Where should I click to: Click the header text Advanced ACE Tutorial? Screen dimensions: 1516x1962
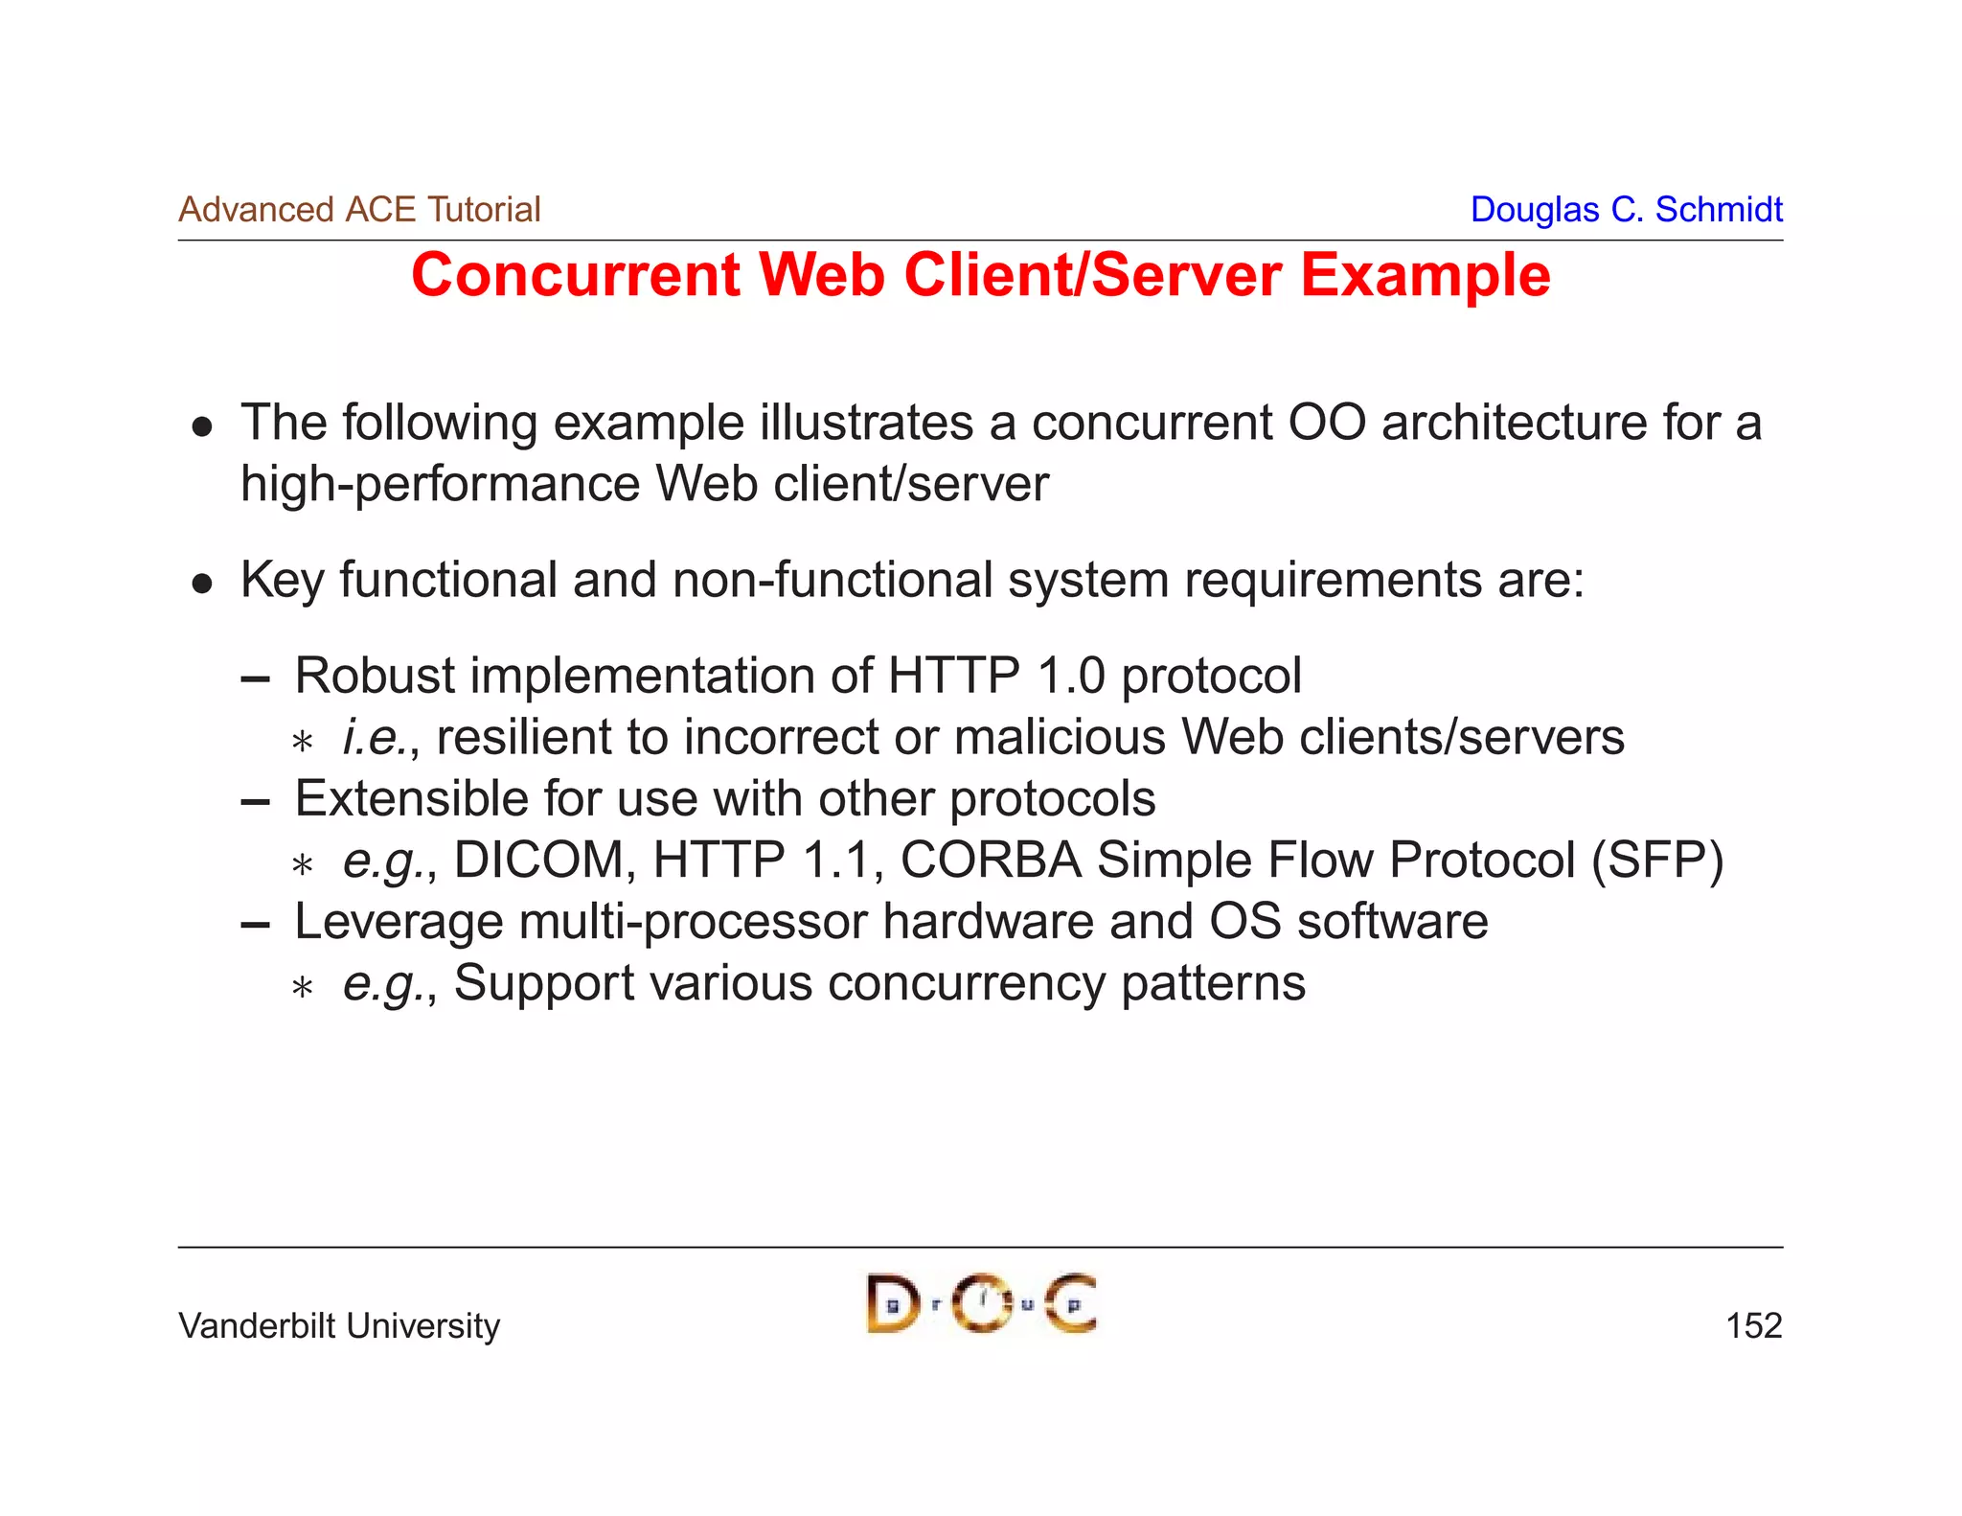[x=359, y=209]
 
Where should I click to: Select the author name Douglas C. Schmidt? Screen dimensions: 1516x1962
[x=1626, y=209]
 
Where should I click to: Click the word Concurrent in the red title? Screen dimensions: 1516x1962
[x=576, y=276]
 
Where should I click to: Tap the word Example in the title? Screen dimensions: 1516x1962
[x=1425, y=276]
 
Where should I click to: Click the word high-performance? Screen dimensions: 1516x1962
[x=440, y=484]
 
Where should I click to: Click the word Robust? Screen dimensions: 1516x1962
[x=375, y=676]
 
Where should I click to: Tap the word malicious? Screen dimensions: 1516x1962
[x=1060, y=737]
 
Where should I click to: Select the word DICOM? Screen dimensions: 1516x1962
[x=538, y=860]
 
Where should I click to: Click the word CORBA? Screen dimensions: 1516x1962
[x=991, y=860]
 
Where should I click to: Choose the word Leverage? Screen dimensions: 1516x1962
[x=399, y=922]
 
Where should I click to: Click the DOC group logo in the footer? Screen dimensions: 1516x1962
[x=981, y=1303]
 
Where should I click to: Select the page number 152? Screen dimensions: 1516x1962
[x=1753, y=1326]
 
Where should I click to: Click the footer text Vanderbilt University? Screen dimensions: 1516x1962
[x=339, y=1326]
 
